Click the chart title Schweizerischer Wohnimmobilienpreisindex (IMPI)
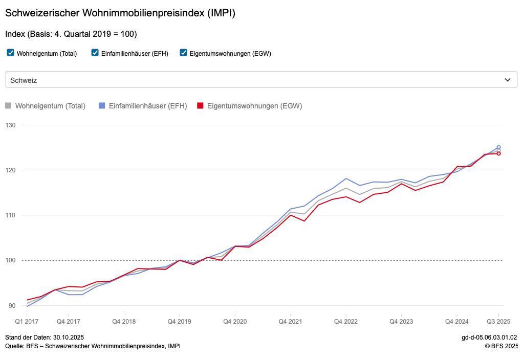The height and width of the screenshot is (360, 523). point(120,13)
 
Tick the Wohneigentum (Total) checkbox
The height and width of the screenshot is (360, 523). point(10,53)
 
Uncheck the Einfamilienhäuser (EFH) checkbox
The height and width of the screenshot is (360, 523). point(95,53)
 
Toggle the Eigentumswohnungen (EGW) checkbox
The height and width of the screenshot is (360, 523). point(184,53)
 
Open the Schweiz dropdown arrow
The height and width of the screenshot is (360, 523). point(507,80)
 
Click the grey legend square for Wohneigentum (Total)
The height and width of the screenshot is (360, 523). point(8,106)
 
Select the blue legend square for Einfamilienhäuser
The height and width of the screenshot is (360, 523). point(101,106)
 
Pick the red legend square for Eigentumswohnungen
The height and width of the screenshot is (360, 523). point(201,106)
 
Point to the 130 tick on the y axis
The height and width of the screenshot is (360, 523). point(11,125)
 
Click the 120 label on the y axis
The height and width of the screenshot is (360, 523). point(11,170)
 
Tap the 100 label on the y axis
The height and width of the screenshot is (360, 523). point(11,260)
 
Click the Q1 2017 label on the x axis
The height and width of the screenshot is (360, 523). point(27,322)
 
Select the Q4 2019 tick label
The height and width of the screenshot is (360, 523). point(179,322)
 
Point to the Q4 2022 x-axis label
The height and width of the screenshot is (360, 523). point(346,322)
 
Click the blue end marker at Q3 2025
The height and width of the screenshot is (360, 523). point(498,147)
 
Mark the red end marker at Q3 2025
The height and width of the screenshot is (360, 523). point(498,153)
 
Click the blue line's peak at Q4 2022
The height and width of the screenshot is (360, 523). point(346,178)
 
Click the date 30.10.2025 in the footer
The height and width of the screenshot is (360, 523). point(68,337)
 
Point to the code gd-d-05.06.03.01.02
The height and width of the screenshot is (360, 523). point(489,337)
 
